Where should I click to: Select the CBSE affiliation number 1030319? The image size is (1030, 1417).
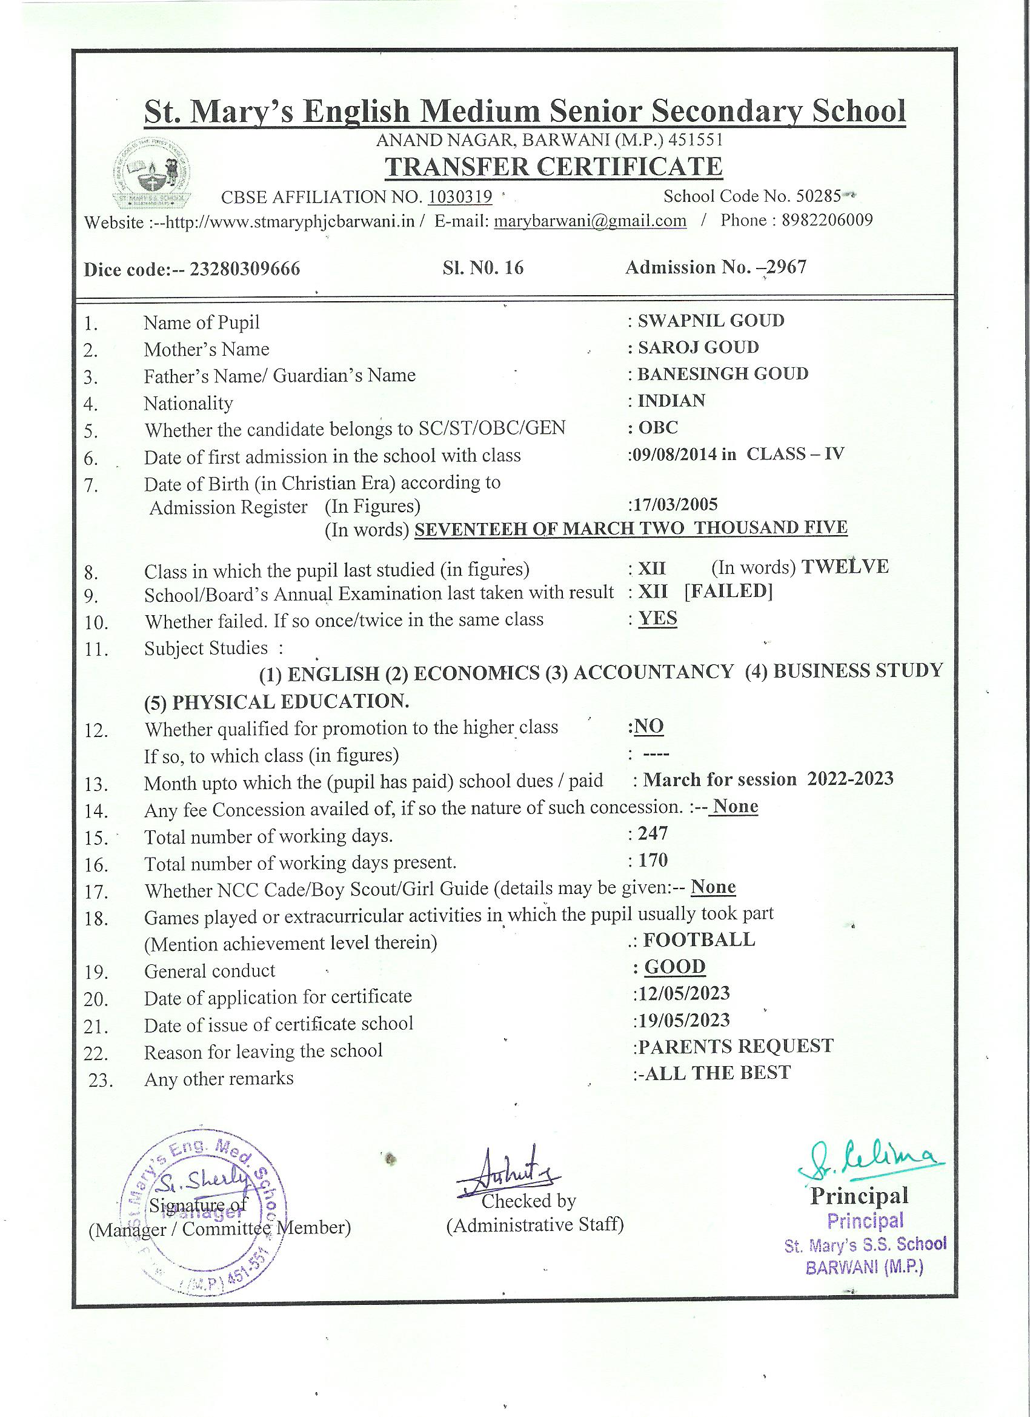(460, 197)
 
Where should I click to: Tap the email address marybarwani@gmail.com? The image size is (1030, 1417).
(590, 221)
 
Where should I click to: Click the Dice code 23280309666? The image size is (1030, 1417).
(245, 269)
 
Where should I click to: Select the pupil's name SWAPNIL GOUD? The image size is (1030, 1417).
(710, 321)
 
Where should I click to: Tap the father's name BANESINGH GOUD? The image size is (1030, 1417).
(722, 373)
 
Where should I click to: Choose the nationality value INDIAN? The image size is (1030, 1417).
(671, 401)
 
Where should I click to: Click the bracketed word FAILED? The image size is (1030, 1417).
(728, 591)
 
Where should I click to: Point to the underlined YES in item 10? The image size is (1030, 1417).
(657, 619)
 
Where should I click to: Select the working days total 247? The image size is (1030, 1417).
(653, 833)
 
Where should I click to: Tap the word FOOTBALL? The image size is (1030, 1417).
(699, 939)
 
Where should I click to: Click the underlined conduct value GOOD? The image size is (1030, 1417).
(674, 967)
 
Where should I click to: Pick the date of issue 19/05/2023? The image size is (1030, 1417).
(683, 1020)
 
